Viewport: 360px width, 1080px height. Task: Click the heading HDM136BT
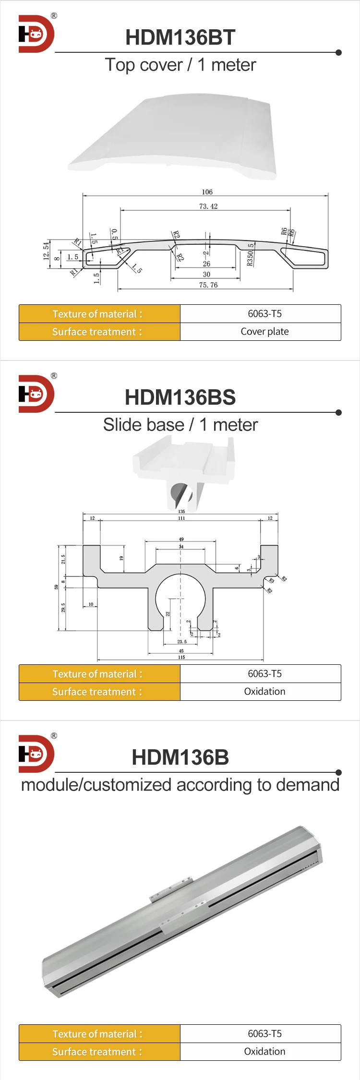coord(180,37)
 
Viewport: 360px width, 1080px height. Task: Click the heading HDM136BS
coord(180,397)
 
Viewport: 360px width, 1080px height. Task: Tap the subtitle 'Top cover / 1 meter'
coord(180,65)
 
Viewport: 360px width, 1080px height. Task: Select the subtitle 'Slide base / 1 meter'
coord(180,425)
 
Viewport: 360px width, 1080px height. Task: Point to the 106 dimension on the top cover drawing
coord(207,192)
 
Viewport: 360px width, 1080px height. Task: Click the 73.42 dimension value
coord(208,206)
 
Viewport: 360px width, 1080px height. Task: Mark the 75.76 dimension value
coord(208,285)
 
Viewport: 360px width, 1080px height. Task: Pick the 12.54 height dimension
coord(46,251)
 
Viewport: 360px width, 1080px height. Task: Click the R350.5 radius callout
coord(250,254)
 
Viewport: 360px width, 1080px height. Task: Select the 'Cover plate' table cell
coord(264,332)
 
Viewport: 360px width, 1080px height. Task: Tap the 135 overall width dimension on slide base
coord(181,512)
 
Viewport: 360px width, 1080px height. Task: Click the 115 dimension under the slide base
coord(181,657)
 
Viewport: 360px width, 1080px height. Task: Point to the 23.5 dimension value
coord(182,641)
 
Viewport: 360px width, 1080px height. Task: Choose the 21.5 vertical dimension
coord(63,559)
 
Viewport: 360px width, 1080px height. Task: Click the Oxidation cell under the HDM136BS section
coord(264,692)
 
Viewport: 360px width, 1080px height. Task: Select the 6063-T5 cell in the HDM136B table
coord(264,1033)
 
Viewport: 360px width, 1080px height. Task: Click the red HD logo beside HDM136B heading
coord(36,754)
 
